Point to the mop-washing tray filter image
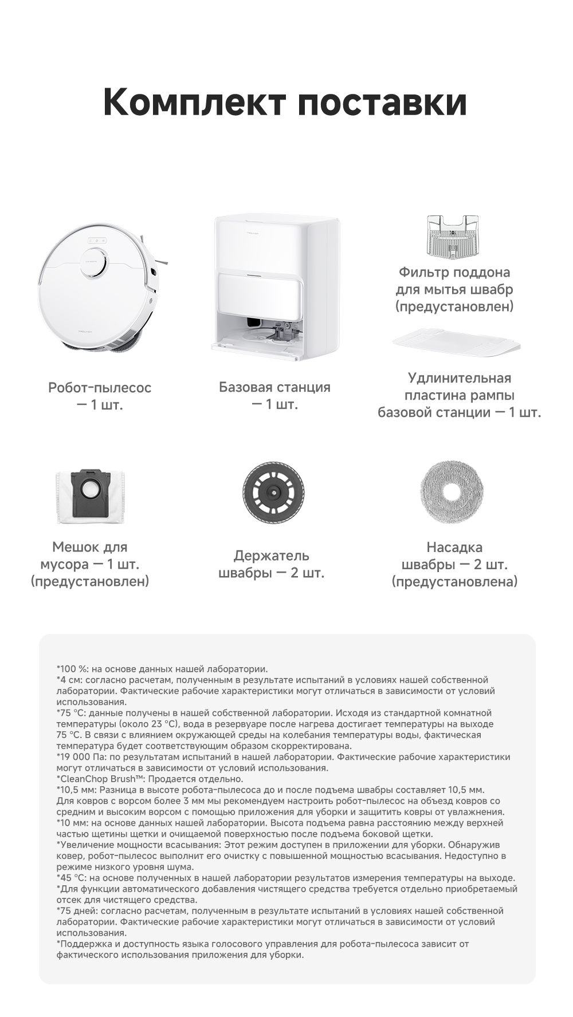453,235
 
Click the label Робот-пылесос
100,388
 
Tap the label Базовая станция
274,387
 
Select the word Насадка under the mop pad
454,547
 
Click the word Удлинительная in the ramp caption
459,378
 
